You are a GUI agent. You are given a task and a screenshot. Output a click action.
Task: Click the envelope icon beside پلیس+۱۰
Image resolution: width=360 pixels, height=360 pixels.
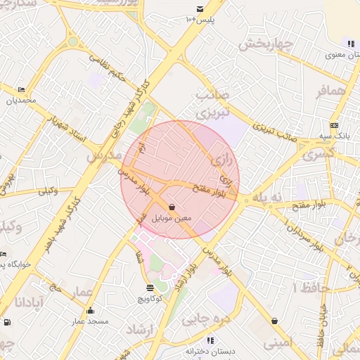200,9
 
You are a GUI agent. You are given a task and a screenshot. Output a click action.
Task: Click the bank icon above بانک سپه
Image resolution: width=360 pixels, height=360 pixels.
335,124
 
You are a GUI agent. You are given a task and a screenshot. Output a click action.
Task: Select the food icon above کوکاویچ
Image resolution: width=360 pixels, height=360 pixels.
150,287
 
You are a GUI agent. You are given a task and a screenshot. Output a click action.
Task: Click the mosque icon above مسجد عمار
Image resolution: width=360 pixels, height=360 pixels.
90,311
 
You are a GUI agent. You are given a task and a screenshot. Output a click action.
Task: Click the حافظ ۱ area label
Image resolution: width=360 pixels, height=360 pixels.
308,288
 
